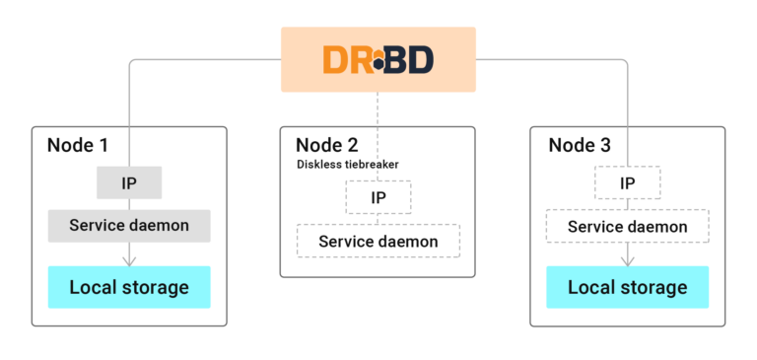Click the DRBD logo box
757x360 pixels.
tap(378, 59)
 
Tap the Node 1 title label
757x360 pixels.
tap(78, 145)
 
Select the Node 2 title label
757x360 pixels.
tap(327, 145)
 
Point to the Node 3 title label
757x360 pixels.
tap(580, 145)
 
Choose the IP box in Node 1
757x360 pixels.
tap(129, 182)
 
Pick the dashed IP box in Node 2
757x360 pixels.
tap(378, 197)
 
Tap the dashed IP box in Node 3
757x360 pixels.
tap(627, 182)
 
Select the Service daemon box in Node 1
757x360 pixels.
tap(129, 226)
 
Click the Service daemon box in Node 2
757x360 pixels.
tap(378, 241)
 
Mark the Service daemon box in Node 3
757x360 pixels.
tap(628, 227)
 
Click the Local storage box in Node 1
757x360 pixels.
tap(129, 287)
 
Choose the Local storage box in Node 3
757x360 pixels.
tap(628, 287)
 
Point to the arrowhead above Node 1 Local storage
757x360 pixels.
tap(129, 260)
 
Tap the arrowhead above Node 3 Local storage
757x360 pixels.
tap(628, 260)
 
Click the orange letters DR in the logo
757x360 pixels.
tap(345, 59)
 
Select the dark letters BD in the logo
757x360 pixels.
tap(409, 59)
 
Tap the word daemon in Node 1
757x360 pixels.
tap(157, 226)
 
